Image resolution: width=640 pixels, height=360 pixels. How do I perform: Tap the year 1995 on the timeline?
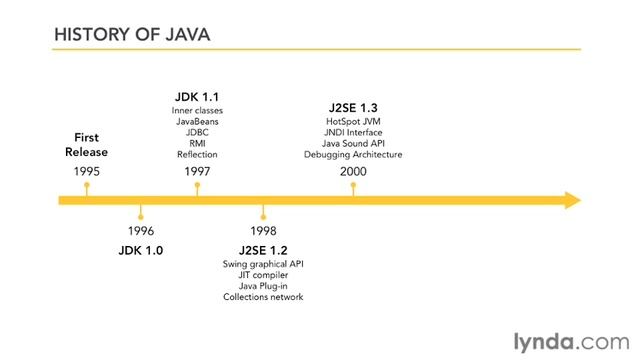[x=87, y=171]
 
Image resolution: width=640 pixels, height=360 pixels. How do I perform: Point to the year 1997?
[x=197, y=171]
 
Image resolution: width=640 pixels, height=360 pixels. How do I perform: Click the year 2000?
[x=353, y=171]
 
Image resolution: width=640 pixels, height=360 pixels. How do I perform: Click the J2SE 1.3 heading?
[x=353, y=107]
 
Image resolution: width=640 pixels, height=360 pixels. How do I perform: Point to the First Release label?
[x=87, y=145]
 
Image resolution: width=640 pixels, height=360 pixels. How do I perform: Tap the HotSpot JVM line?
[x=353, y=121]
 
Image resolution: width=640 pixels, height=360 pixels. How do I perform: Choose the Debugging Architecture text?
[x=353, y=154]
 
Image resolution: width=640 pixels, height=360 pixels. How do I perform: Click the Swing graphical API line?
[x=263, y=263]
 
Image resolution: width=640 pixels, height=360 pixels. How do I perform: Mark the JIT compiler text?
[x=263, y=274]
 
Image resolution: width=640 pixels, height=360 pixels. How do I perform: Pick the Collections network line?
[x=263, y=296]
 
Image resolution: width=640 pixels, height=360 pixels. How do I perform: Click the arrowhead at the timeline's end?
[x=571, y=200]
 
